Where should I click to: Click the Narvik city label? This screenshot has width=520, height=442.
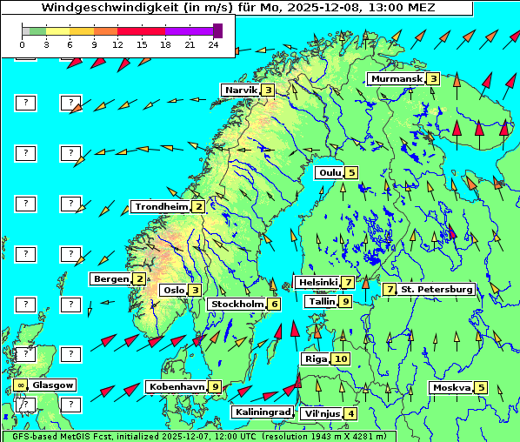click(x=240, y=90)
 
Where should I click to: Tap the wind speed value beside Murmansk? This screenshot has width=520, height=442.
click(x=433, y=78)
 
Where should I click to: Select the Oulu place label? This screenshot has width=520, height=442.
click(x=330, y=172)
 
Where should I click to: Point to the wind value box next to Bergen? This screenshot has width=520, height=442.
click(x=139, y=278)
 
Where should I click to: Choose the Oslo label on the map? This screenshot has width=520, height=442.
click(x=173, y=290)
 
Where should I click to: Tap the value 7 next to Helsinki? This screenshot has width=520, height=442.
click(x=347, y=282)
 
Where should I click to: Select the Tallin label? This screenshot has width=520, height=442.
click(x=322, y=301)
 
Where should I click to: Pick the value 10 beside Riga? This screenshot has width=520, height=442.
click(x=340, y=358)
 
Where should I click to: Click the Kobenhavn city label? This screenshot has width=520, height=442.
click(x=177, y=386)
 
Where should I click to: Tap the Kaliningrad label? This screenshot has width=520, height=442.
click(x=262, y=412)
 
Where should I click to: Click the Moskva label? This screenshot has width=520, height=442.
click(x=451, y=387)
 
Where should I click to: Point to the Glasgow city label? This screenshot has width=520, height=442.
click(x=53, y=385)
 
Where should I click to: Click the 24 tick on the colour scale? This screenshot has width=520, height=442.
click(x=213, y=44)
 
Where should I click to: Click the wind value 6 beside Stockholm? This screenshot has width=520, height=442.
click(x=274, y=304)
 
